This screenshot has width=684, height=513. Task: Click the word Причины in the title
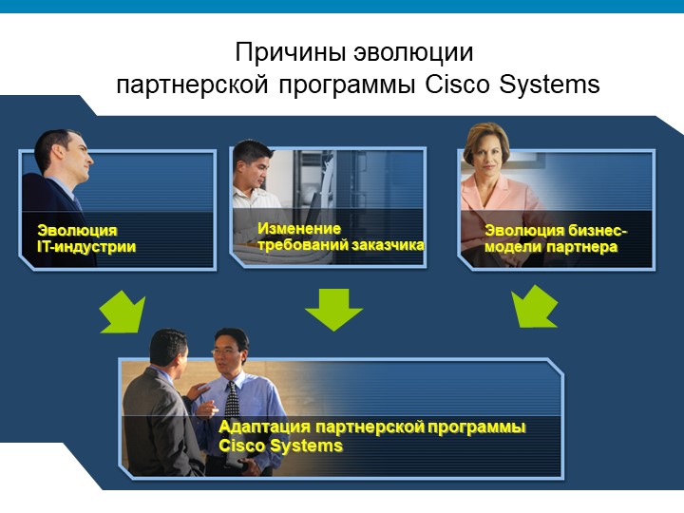291,53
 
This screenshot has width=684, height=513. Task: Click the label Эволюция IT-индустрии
86,238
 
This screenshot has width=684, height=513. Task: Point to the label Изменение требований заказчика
340,237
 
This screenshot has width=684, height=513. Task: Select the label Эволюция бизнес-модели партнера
556,238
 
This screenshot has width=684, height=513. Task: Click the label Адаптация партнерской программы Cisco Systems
371,436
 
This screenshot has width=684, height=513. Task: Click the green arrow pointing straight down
333,309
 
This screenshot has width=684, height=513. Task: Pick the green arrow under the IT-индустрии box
123,313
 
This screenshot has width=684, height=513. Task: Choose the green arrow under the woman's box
534,306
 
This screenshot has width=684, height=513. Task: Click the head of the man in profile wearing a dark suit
65,154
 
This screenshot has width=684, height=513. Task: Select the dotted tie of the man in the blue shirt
232,400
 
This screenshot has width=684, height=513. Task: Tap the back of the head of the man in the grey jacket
163,347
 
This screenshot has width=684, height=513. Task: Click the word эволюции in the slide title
413,53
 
